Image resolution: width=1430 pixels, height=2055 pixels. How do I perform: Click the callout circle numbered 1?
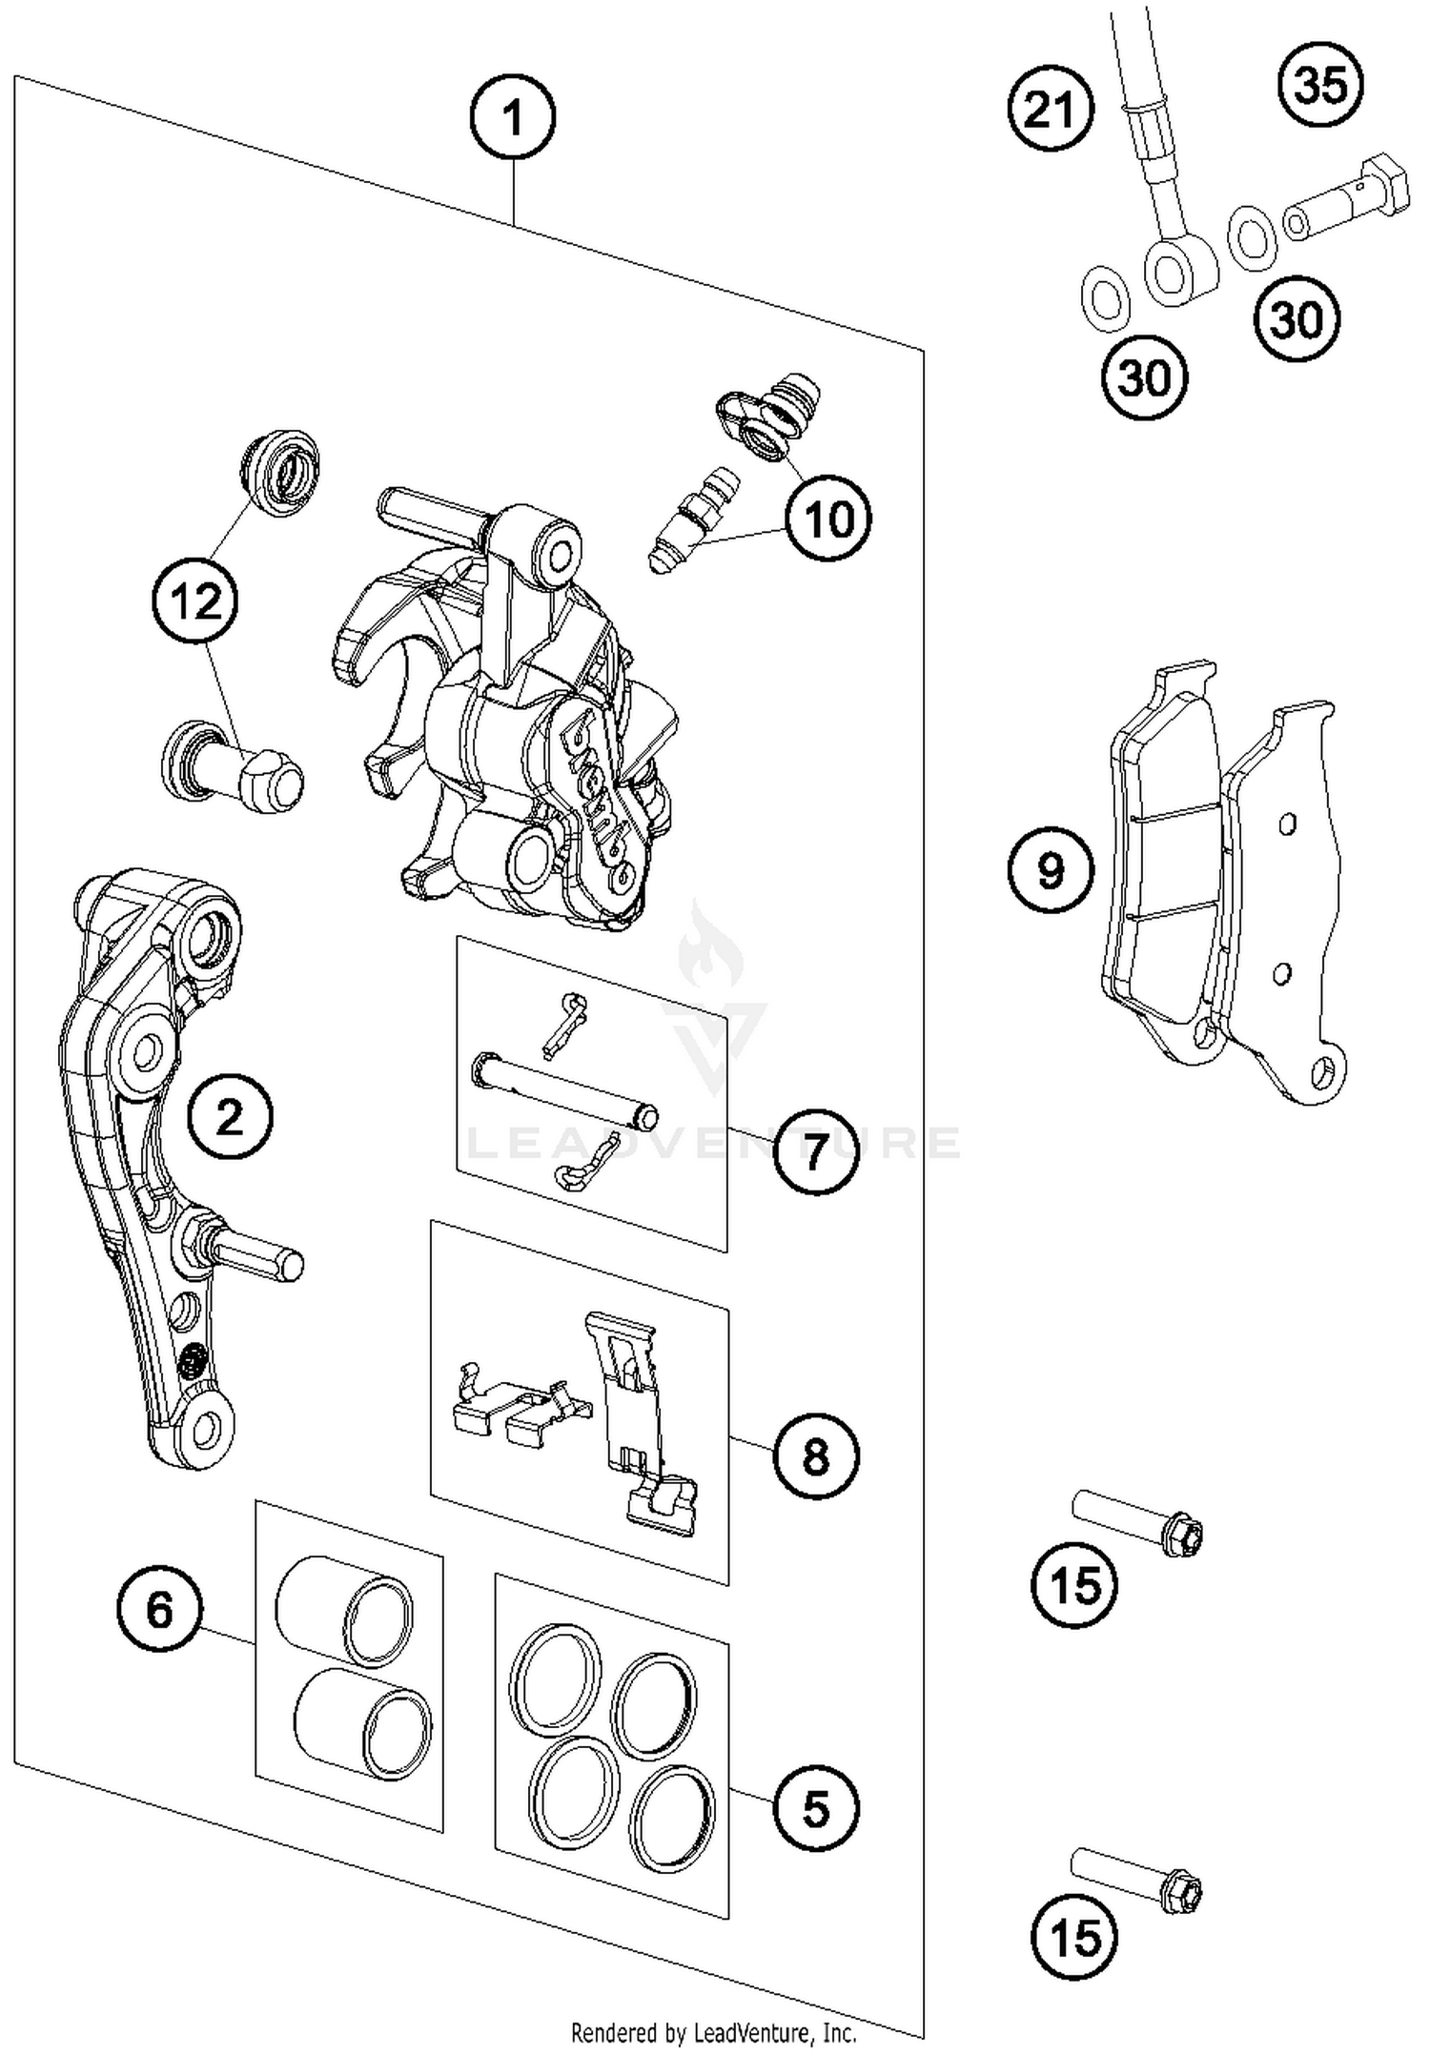513,119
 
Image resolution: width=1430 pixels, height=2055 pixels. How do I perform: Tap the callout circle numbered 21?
1051,110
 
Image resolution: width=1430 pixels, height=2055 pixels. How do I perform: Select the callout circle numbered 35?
1320,85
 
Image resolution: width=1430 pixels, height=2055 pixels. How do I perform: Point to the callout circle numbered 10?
827,519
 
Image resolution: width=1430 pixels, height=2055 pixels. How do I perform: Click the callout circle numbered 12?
195,601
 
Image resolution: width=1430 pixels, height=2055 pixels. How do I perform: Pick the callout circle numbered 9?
1051,870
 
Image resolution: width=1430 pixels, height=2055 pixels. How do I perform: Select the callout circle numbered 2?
230,1116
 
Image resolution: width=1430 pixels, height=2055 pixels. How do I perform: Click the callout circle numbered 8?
816,1456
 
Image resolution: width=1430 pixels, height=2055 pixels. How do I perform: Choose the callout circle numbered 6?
160,1611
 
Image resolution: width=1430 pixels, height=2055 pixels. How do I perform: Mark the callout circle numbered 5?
816,1808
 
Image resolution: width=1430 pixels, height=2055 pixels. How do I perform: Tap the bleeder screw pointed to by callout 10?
686,519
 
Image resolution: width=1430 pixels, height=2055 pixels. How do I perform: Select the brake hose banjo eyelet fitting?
1179,272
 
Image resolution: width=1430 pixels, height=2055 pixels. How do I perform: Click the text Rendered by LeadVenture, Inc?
713,2032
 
